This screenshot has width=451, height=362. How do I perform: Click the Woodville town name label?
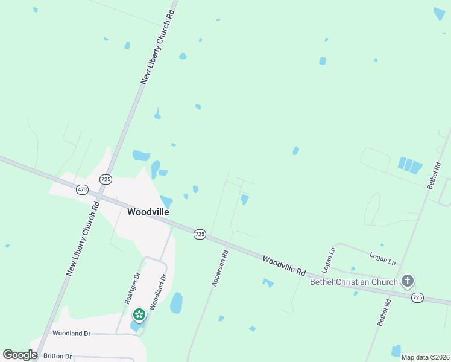(x=148, y=212)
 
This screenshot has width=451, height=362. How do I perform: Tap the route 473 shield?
(x=83, y=189)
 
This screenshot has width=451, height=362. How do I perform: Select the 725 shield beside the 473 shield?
(x=106, y=179)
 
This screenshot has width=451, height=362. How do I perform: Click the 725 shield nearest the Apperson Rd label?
(x=200, y=233)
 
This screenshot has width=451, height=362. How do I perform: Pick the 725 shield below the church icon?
(x=417, y=297)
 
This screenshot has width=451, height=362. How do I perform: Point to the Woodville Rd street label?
(x=284, y=265)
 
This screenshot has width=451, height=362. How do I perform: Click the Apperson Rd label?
(x=219, y=268)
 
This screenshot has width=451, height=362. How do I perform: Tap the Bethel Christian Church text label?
(x=353, y=282)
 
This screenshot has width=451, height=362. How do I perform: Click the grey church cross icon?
(x=408, y=281)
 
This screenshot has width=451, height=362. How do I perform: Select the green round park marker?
(x=139, y=314)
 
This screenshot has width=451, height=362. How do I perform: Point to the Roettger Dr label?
(x=132, y=287)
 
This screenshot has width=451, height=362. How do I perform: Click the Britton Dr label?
(x=57, y=356)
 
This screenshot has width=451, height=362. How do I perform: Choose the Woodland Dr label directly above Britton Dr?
(x=71, y=333)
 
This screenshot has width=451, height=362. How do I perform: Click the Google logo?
(x=20, y=355)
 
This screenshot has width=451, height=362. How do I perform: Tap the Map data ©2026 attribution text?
(x=425, y=357)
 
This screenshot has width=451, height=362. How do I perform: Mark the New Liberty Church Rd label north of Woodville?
(x=157, y=47)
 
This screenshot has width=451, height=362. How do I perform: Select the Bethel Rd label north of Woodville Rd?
(x=434, y=176)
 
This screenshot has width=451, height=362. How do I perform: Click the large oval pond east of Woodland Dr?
(x=176, y=302)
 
